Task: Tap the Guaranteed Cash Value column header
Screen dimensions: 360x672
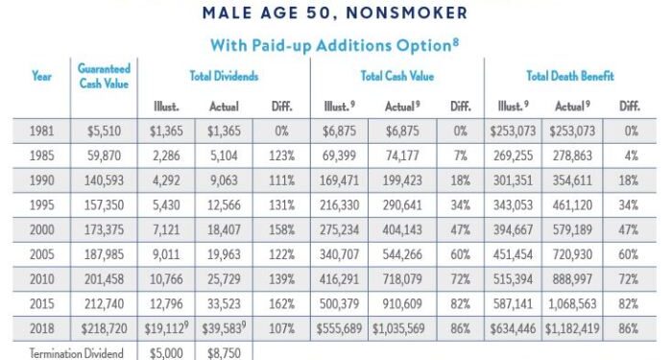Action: (104, 76)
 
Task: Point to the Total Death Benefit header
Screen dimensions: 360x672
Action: (569, 76)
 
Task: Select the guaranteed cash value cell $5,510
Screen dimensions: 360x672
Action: (105, 131)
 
